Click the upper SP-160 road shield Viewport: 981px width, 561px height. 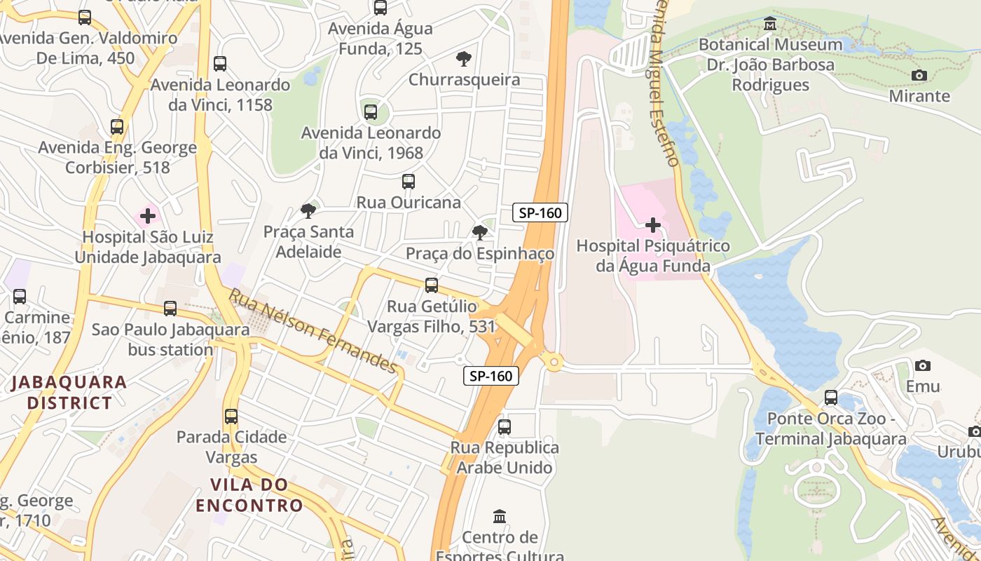pos(540,212)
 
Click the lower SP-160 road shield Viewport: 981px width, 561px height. pos(491,376)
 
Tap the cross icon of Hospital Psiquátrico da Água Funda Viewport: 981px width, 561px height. pos(653,225)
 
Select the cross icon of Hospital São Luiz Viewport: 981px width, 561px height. pos(148,215)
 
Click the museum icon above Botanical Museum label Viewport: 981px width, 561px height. pos(770,24)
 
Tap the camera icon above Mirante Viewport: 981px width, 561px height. pos(919,75)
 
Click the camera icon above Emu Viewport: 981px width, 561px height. pos(923,365)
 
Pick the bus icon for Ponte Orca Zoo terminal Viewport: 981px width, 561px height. pos(831,398)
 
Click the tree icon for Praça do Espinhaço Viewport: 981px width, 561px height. pos(480,232)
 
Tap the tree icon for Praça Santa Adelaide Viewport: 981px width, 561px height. pos(308,210)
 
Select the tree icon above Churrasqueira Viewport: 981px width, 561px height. pos(463,58)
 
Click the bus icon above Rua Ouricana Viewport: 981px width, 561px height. pos(409,182)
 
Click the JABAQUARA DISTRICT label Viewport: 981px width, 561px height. pos(69,392)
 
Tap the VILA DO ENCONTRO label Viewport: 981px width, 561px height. pos(249,494)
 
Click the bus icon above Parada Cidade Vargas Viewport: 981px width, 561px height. pos(231,416)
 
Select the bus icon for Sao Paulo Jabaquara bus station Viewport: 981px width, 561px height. pos(170,308)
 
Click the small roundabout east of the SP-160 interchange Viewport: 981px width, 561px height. pos(554,363)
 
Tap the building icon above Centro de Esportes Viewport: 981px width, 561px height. pos(500,517)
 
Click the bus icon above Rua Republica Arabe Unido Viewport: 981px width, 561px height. pos(505,426)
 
